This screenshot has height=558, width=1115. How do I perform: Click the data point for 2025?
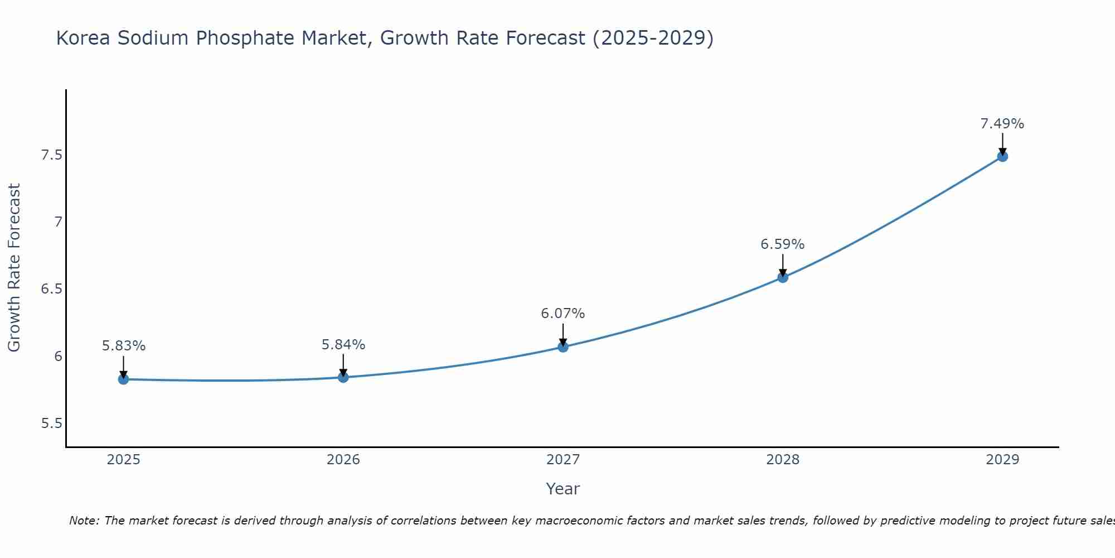pos(123,379)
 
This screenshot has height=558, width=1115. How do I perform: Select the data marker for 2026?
pos(343,378)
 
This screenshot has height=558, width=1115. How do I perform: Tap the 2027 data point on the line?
pos(563,347)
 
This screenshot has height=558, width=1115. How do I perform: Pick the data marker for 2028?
pos(783,277)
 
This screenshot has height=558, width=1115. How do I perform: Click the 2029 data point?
pos(1002,157)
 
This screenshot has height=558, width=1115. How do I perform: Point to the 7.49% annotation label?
pos(1002,124)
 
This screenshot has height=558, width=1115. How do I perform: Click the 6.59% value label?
pos(783,244)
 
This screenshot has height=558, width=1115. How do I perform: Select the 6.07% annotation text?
pos(563,314)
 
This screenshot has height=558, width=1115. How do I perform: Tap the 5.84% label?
pos(343,345)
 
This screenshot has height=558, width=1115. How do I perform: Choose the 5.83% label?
pos(123,346)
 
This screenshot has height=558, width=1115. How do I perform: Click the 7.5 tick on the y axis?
pos(51,155)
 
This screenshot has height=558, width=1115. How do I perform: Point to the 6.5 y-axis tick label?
pos(51,289)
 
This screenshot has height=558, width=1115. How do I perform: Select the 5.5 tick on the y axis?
pos(51,424)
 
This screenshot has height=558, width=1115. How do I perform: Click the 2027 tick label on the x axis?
pos(563,460)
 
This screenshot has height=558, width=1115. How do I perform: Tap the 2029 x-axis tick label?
pos(1002,460)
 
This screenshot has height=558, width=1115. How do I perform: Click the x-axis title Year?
pos(563,489)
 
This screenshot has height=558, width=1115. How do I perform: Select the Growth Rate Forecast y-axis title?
pos(14,268)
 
